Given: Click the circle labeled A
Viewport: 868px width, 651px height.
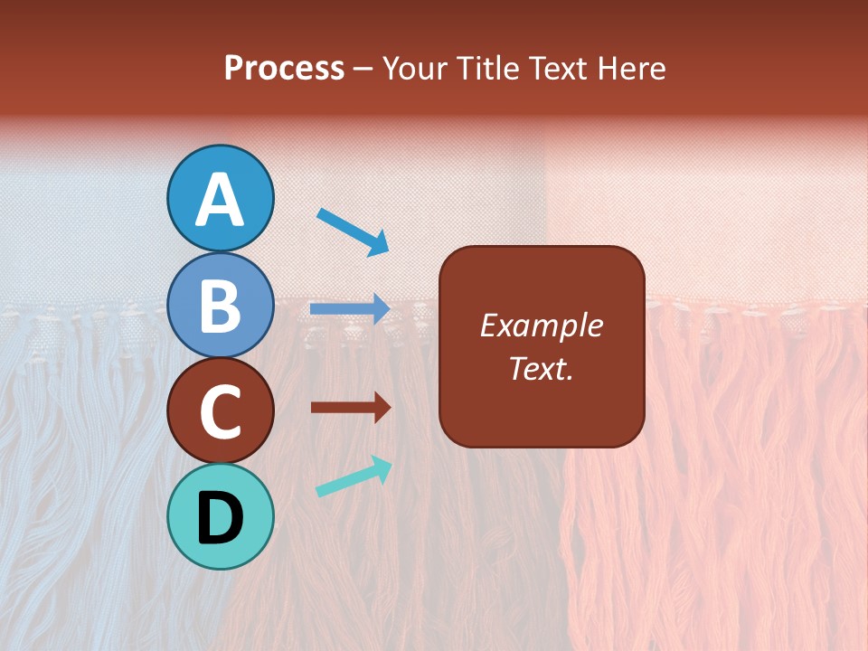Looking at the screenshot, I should tap(221, 198).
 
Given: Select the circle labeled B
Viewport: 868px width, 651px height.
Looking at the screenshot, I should tap(221, 305).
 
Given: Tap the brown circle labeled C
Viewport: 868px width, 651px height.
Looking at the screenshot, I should tap(221, 411).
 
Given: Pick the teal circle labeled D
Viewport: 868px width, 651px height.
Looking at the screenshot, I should tap(221, 517).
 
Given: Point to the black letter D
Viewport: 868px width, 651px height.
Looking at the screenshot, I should tap(221, 519).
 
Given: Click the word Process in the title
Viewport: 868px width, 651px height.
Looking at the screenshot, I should tap(284, 69).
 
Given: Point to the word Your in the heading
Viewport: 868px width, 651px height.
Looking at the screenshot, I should tap(415, 69).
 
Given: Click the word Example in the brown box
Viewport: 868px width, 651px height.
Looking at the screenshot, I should tap(541, 325).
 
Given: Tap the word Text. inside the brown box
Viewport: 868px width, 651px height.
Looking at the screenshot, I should tap(541, 368).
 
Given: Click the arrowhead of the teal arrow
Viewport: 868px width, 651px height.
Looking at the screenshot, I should tap(382, 467).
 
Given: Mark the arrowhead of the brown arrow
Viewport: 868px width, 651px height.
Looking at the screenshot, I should tap(382, 408).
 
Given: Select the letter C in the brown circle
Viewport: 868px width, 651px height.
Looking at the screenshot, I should tap(221, 412).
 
